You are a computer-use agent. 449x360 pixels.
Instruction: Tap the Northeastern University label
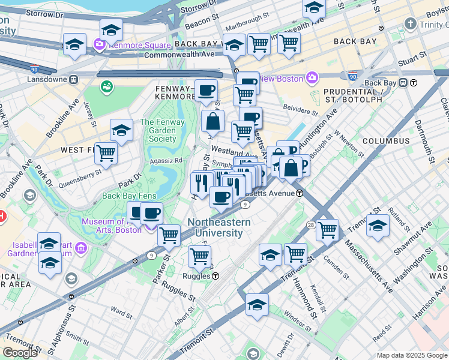[x=220, y=227]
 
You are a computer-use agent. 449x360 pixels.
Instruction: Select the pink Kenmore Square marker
[x=99, y=44]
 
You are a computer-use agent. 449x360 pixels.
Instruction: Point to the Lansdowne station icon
[x=73, y=79]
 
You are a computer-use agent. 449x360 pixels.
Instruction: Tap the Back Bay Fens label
[x=129, y=196]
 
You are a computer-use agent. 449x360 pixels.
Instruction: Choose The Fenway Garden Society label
[x=158, y=130]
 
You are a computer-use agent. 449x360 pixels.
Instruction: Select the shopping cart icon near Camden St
[x=328, y=229]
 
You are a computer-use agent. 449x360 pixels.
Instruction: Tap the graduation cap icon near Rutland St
[x=378, y=225]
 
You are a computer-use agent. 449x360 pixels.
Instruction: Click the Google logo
[x=20, y=352]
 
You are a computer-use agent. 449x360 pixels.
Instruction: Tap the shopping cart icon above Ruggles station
[x=199, y=256]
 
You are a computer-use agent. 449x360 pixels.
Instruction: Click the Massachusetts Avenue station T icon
[x=299, y=193]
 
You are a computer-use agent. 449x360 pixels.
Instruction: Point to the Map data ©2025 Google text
[x=412, y=355]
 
